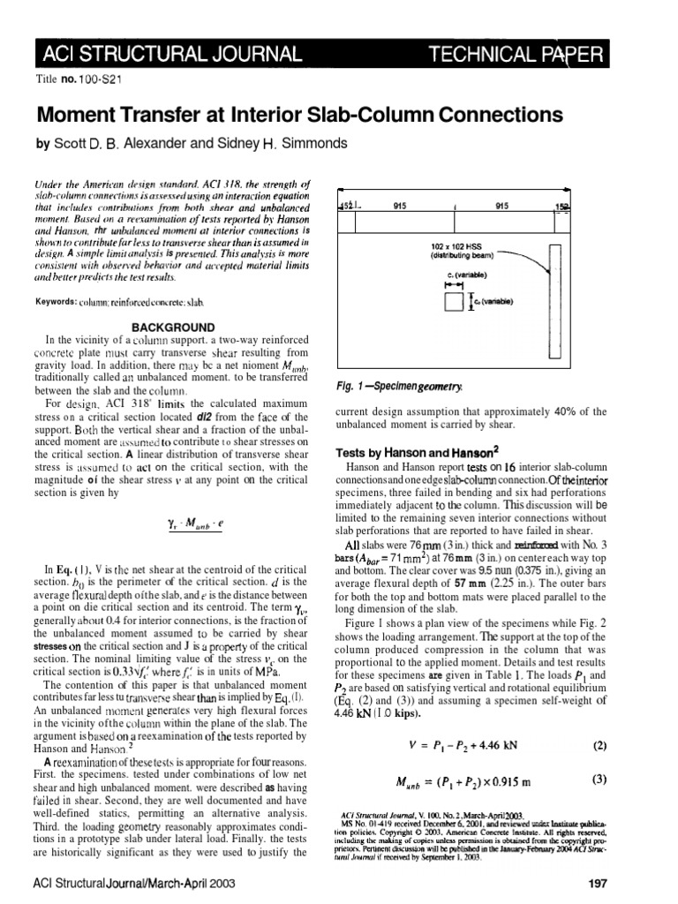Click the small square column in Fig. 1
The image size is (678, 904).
pyautogui.click(x=454, y=302)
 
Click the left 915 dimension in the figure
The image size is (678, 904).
pyautogui.click(x=400, y=205)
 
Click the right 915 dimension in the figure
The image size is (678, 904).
pyautogui.click(x=503, y=205)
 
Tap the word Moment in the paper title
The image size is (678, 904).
pyautogui.click(x=78, y=114)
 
